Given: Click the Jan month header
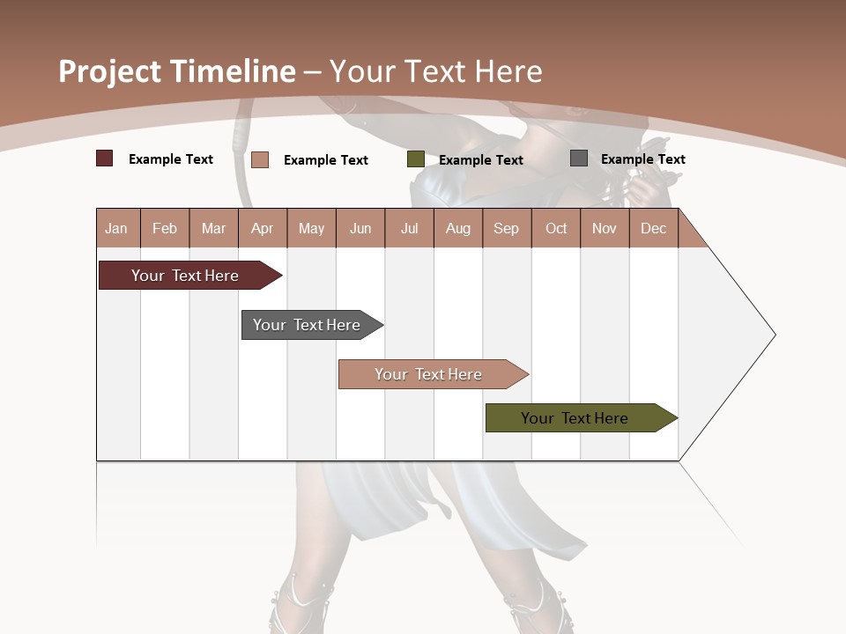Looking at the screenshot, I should point(117,228).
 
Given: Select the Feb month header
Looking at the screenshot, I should point(165,228).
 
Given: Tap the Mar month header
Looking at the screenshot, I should point(213,228).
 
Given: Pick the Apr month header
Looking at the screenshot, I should point(263,228).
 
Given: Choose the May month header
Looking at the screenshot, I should point(311,228).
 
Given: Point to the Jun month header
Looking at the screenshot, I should point(360,228).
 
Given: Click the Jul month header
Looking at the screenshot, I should point(409,228).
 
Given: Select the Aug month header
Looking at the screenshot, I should point(458,228).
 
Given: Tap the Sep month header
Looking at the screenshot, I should point(507,228).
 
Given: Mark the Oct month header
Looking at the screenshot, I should point(556,228).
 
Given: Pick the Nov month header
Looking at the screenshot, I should point(605,228).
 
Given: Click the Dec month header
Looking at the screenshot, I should point(654,228).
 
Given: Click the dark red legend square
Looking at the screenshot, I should point(105,158).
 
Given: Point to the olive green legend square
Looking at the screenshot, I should point(416,159).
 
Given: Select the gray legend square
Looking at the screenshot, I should point(579,158).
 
